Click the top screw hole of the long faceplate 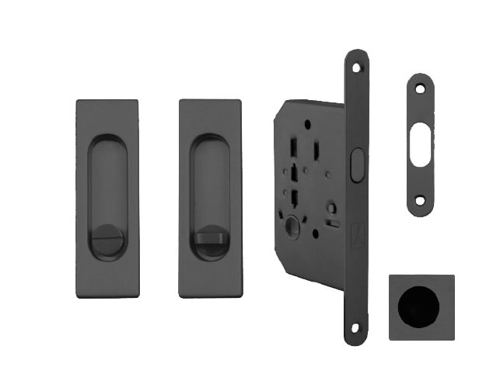pyautogui.click(x=356, y=68)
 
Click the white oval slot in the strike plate pyautogui.click(x=420, y=143)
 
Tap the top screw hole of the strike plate pyautogui.click(x=420, y=89)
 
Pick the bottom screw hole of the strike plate pyautogui.click(x=420, y=200)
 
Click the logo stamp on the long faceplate pyautogui.click(x=356, y=231)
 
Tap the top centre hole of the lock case pyautogui.click(x=308, y=123)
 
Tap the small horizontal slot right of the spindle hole pyautogui.click(x=333, y=224)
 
